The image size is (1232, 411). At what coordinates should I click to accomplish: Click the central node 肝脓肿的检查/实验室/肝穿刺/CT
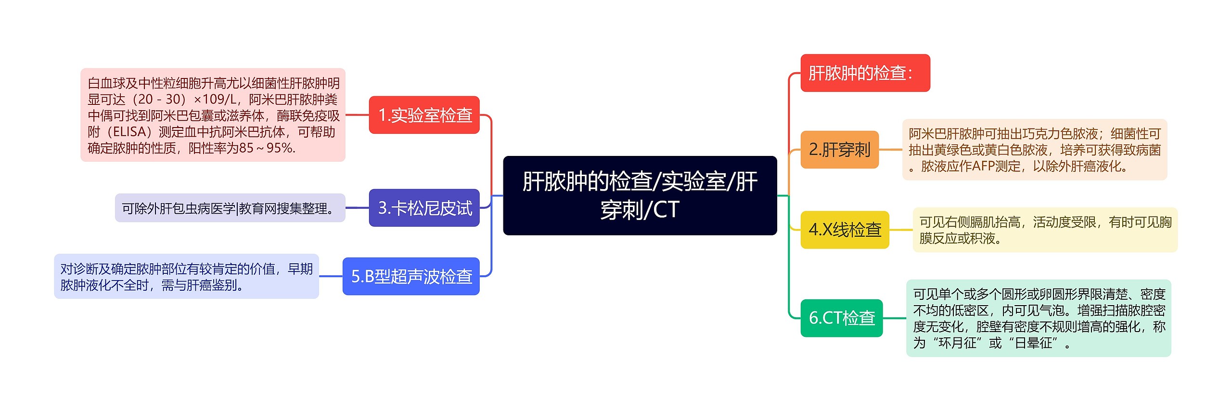[x=640, y=195]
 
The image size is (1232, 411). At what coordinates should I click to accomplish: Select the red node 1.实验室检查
[x=424, y=115]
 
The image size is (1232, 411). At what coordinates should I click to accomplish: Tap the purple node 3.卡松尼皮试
[x=424, y=208]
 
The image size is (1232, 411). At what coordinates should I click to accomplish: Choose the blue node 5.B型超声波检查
[x=411, y=276]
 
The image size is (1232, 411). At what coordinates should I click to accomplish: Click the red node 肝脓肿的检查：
[x=865, y=73]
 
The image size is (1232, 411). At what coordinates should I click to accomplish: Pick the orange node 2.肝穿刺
[x=839, y=150]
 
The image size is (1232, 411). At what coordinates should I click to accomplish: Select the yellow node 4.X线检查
[x=845, y=230]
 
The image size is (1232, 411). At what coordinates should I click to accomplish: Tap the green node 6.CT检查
[x=841, y=318]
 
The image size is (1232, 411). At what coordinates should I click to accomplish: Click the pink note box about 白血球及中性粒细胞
[x=213, y=115]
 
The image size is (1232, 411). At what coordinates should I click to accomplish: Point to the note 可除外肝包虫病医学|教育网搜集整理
[x=230, y=208]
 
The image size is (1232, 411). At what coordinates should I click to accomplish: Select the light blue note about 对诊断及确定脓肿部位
[x=186, y=276]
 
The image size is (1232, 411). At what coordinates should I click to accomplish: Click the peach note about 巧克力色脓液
[x=1034, y=150]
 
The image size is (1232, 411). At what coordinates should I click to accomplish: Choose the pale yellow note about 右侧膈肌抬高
[x=1045, y=230]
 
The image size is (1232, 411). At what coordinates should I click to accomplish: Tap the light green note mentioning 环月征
[x=1039, y=318]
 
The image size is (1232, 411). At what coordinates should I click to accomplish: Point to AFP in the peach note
[x=983, y=167]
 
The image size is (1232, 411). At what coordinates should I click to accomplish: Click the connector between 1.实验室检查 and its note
[x=357, y=115]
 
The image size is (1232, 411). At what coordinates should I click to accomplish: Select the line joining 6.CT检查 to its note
[x=894, y=318]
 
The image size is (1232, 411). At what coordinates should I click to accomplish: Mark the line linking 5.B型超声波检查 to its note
[x=331, y=276]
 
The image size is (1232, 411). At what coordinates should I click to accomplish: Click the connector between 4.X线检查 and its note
[x=901, y=230]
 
